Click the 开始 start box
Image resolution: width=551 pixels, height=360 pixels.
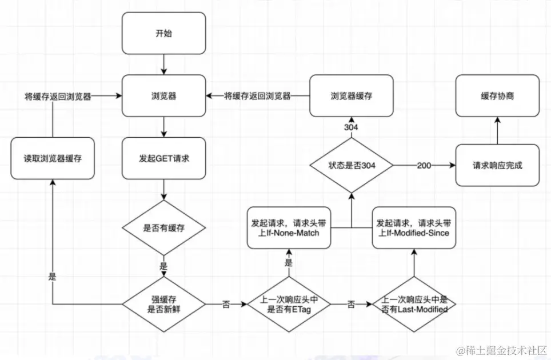pos(163,33)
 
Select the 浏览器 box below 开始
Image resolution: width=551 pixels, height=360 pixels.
pos(163,95)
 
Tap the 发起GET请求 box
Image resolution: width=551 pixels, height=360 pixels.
pos(163,158)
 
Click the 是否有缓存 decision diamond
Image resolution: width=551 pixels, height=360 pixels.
pos(163,228)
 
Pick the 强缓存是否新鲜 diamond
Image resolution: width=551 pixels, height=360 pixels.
pos(163,304)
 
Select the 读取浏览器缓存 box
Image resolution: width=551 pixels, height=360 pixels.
pos(53,158)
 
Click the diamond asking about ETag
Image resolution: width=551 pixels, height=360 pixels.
pos(289,304)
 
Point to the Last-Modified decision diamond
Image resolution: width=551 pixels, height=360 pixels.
pos(414,304)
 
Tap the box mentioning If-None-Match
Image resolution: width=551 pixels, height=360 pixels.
pos(289,228)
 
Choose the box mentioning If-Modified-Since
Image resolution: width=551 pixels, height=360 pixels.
pos(414,228)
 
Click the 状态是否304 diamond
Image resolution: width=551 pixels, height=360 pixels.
pos(352,165)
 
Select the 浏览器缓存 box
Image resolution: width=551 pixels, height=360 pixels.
pos(352,95)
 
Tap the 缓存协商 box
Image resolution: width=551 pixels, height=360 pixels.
pos(497,95)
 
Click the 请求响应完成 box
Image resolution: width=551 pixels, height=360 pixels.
pos(497,165)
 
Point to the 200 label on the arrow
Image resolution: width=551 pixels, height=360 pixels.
pos(424,165)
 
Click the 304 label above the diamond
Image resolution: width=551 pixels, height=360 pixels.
pos(351,127)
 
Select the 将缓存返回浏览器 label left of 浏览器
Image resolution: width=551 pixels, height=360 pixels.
pos(58,96)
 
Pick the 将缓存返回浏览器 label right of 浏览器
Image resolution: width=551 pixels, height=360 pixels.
pos(258,96)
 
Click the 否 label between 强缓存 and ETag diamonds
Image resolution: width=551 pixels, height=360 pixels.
pos(226,304)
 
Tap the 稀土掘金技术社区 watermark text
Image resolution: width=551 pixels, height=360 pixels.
pos(502,350)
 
